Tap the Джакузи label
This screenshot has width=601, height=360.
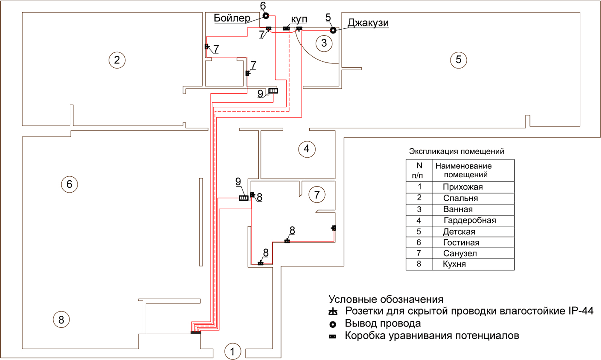coord(368,23)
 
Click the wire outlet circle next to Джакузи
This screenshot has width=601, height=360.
coord(332,30)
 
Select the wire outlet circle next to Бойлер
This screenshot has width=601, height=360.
coord(265,16)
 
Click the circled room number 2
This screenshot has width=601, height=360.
coord(117,60)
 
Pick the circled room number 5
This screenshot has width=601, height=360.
coord(458,60)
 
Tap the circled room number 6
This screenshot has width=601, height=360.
coord(69,184)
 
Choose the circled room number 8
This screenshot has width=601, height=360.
coord(61,319)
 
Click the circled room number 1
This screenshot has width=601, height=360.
coord(231,351)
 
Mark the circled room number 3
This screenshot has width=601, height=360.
coord(324,43)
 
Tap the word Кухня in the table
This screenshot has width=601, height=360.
coord(454,264)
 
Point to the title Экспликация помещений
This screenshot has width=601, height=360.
coord(456,151)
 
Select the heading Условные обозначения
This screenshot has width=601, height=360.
coord(386,300)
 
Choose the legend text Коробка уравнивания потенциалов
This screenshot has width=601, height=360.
coord(432,335)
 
